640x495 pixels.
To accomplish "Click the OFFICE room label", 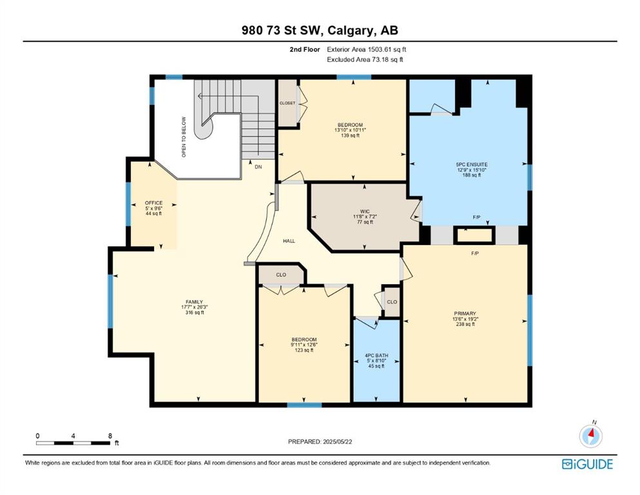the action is click(154, 203).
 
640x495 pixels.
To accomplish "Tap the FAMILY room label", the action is click(194, 302).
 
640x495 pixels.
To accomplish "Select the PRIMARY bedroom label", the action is click(465, 314).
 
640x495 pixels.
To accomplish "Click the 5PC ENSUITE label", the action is click(472, 164).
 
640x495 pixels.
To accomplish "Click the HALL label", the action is click(289, 241).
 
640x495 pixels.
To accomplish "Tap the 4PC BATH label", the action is click(376, 356).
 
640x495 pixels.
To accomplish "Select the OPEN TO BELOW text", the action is click(184, 137).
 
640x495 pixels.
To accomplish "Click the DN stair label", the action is click(258, 167).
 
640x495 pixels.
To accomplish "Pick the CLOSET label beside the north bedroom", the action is click(287, 103).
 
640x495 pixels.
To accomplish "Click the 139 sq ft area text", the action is click(350, 135).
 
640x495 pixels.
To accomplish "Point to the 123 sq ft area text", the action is click(304, 350).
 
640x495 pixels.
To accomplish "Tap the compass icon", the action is click(590, 436).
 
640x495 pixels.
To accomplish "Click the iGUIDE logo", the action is click(587, 464).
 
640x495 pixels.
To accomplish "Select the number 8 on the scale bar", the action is click(110, 436).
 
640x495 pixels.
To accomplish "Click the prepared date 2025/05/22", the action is click(337, 442).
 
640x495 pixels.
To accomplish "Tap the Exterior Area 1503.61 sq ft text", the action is click(367, 50).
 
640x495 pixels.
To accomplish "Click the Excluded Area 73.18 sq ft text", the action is click(365, 59).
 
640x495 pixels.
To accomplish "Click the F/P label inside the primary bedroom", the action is click(475, 253).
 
